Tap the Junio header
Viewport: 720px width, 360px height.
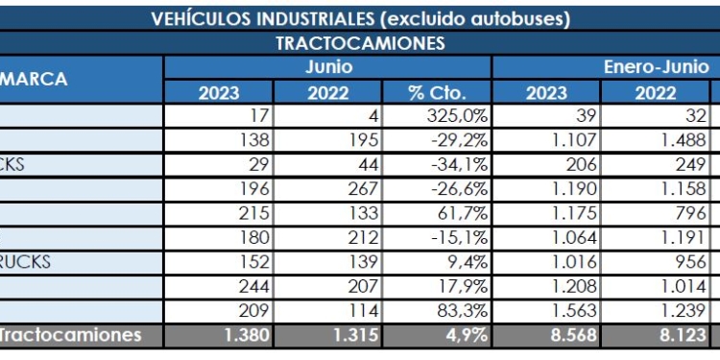coord(328,67)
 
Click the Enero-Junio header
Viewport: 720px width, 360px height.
coord(656,67)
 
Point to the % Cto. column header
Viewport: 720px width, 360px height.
coord(437,93)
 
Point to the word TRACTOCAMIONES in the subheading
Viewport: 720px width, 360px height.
coord(360,43)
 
